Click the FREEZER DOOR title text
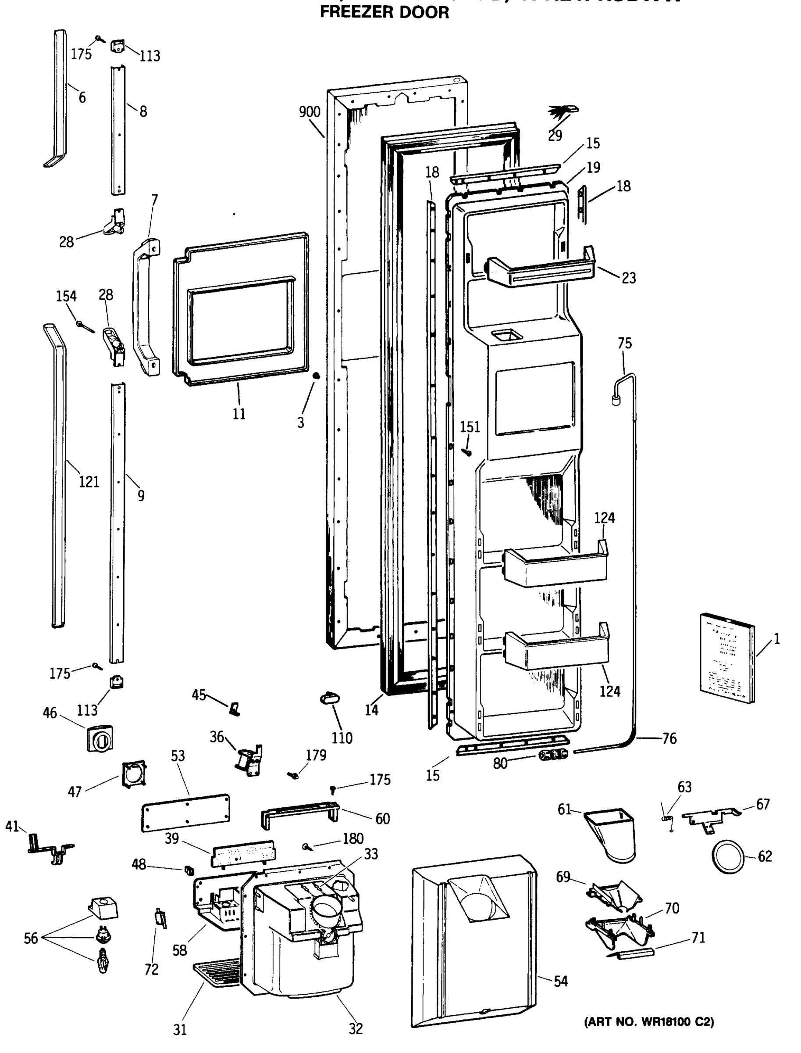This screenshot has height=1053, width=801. [384, 12]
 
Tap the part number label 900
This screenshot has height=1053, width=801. [310, 112]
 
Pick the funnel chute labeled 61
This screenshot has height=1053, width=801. [612, 832]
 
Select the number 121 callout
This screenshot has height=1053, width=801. [89, 482]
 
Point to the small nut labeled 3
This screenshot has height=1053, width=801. [315, 376]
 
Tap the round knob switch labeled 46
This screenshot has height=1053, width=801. [100, 739]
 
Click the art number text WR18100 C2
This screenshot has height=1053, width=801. [649, 1021]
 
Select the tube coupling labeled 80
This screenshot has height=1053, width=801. [552, 755]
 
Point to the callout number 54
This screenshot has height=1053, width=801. [561, 981]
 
